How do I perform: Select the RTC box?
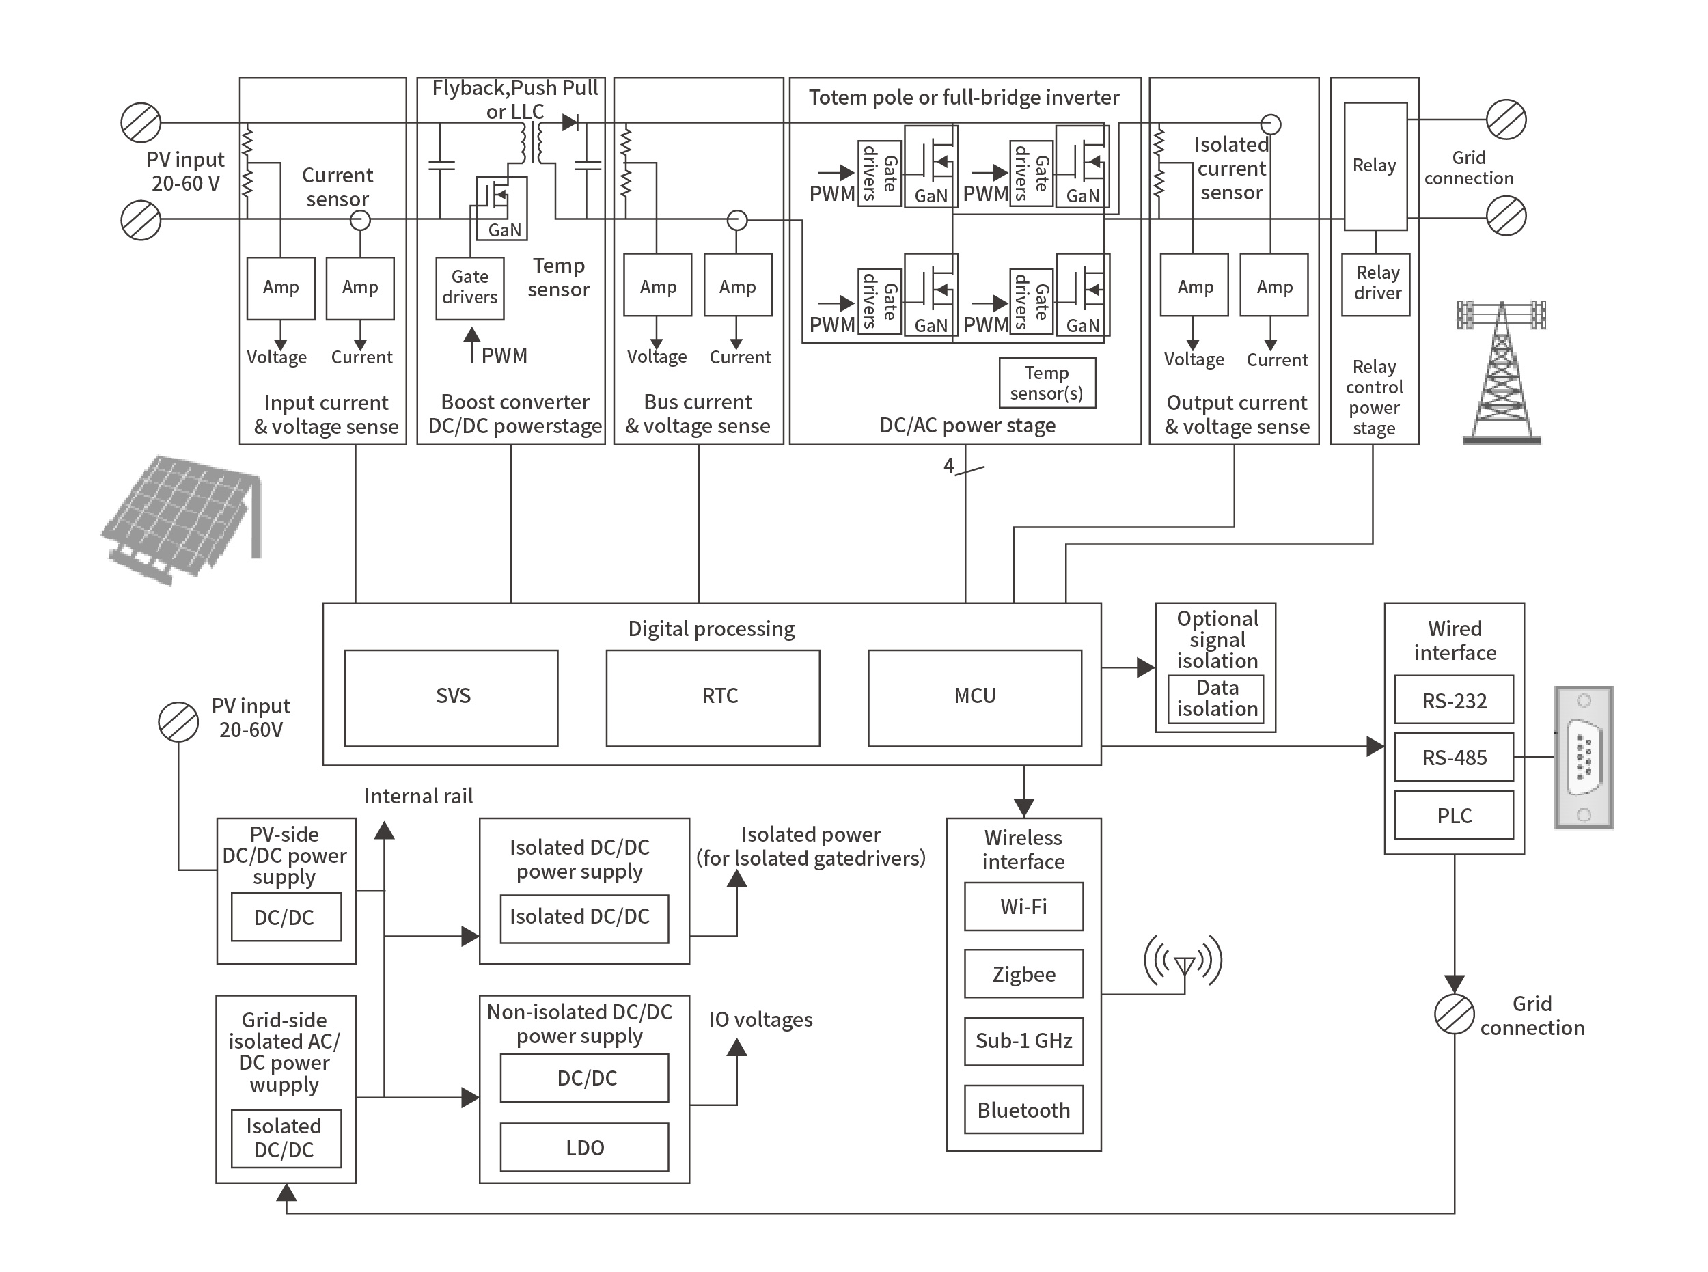coord(713,697)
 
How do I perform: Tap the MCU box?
coord(974,697)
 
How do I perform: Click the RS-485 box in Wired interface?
coord(1453,758)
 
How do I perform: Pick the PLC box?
coord(1453,816)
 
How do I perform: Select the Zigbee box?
coord(1023,974)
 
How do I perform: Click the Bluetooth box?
coord(1023,1109)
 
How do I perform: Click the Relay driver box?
coord(1375,284)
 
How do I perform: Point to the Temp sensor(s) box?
coord(1047,383)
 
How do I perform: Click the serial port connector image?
coord(1583,757)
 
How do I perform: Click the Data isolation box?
coord(1215,698)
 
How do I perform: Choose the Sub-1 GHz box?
coord(1023,1041)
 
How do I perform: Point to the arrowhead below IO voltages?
coord(736,1047)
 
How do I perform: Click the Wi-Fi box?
coord(1023,907)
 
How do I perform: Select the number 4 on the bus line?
coord(948,465)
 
